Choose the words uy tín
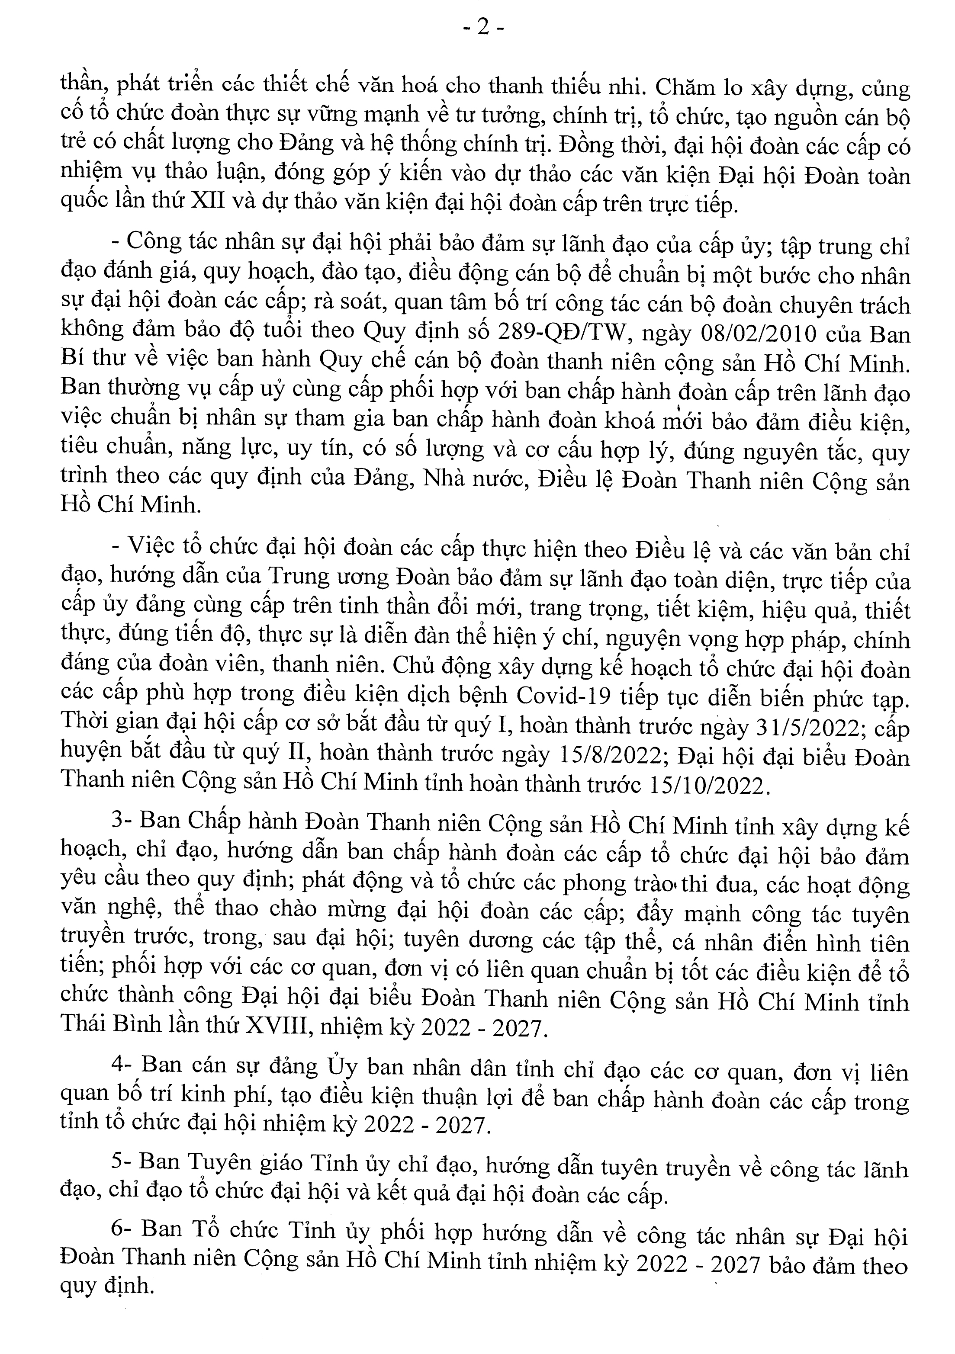tap(321, 452)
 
